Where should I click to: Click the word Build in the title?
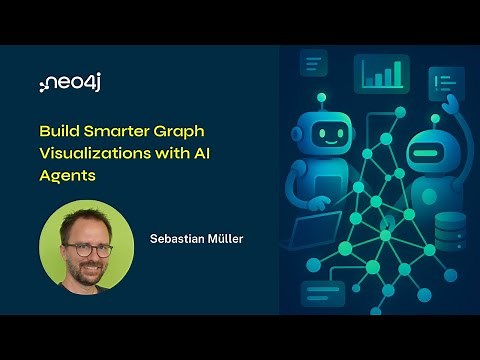click(59, 130)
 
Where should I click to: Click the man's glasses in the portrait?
click(86, 249)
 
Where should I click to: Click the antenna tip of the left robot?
click(322, 98)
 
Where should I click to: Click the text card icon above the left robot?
click(314, 64)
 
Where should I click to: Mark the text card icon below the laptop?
click(323, 293)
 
